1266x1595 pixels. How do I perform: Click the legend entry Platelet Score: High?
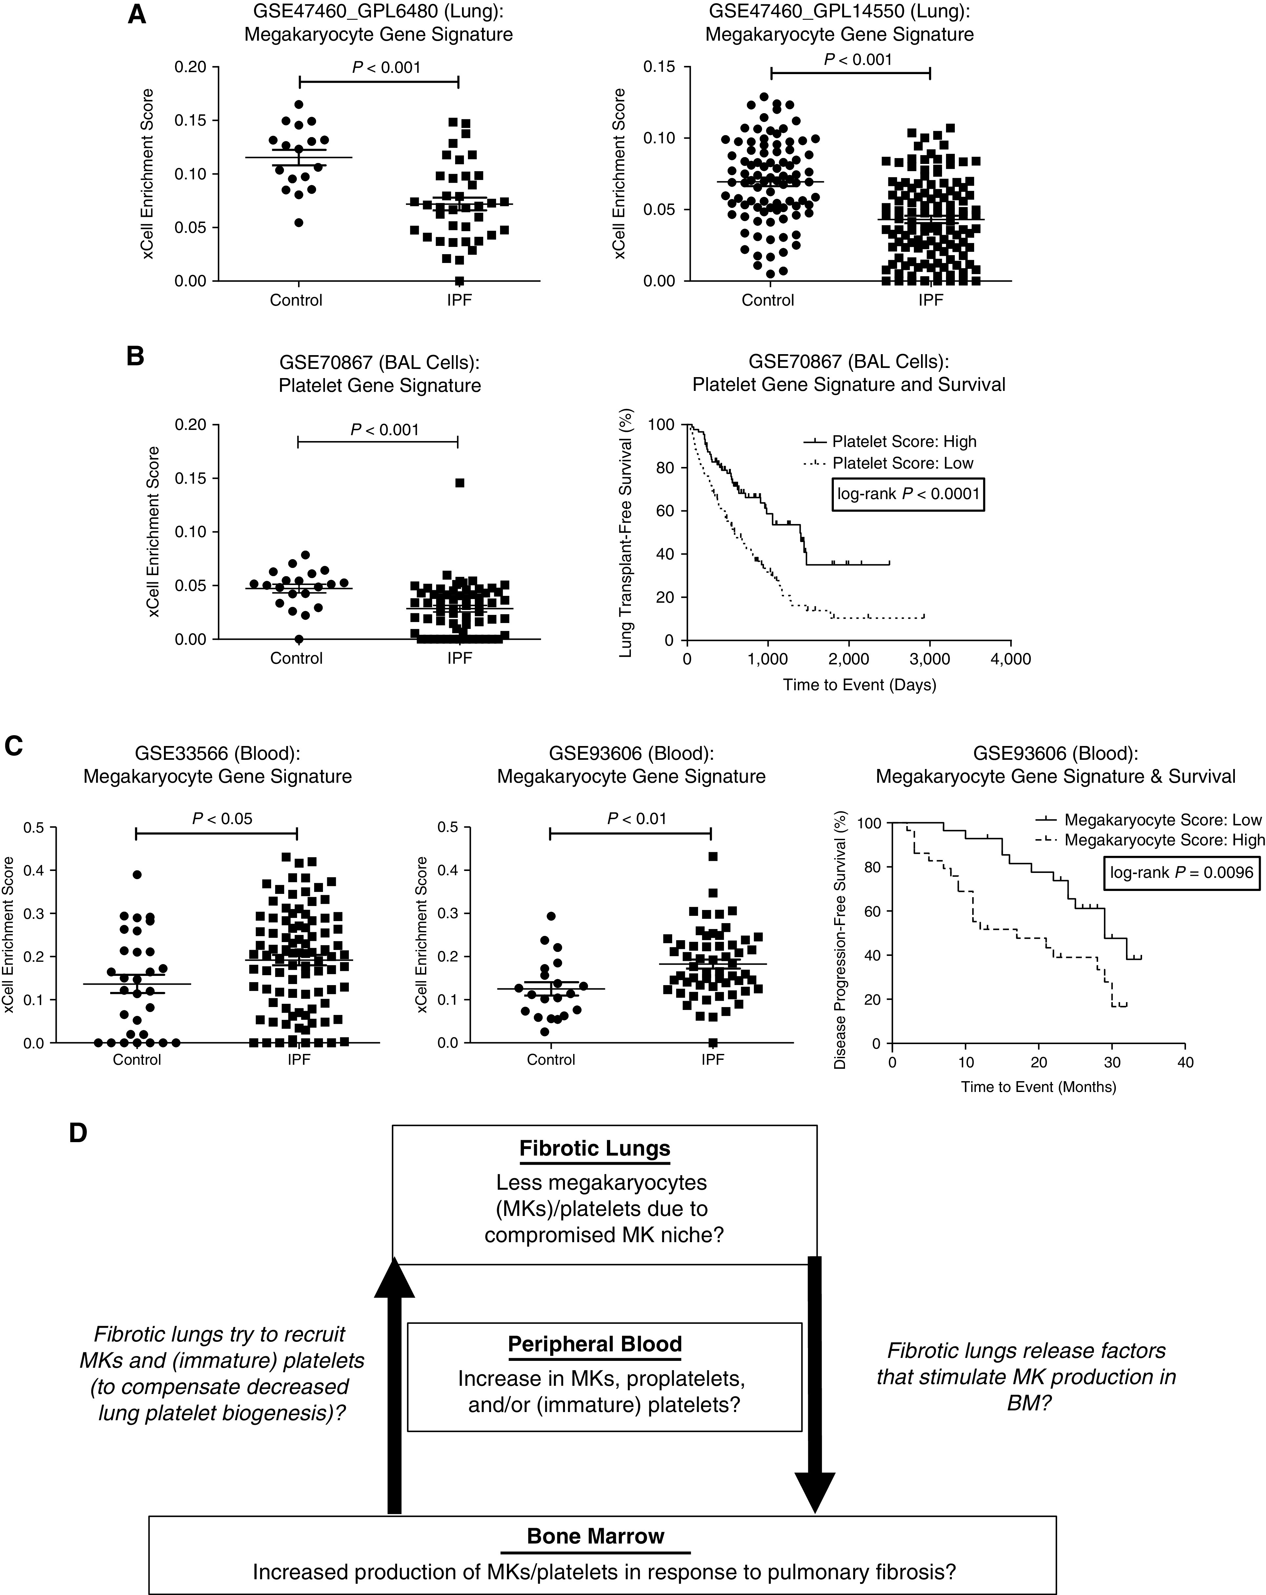coord(904,442)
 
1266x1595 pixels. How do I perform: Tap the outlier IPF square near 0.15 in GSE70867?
coord(459,483)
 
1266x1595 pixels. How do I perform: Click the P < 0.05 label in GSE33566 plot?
coord(222,818)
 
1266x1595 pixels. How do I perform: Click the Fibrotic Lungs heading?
coord(595,1149)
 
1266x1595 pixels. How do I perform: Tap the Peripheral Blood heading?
coord(595,1344)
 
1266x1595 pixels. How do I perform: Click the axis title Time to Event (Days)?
coord(860,685)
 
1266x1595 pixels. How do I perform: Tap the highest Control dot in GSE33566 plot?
coord(137,875)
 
